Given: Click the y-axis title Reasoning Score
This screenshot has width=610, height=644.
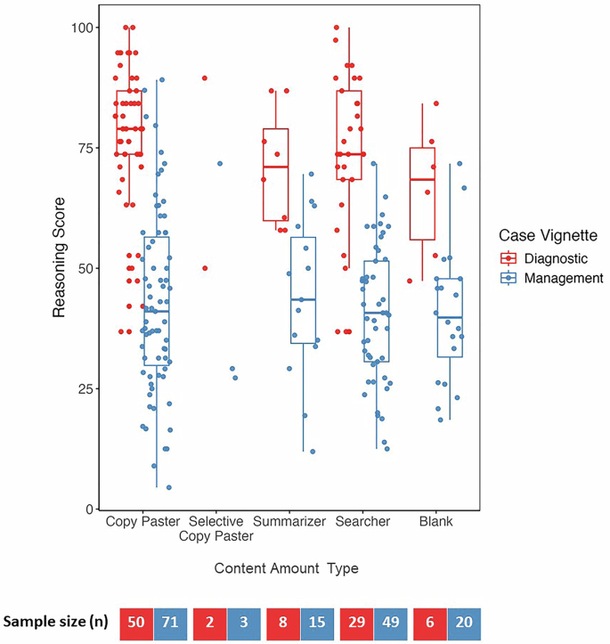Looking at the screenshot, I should click(x=59, y=268).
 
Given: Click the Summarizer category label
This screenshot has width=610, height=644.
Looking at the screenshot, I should click(x=289, y=521).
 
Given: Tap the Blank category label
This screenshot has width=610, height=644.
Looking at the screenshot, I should click(x=435, y=521).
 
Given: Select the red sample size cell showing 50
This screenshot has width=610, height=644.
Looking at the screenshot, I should click(x=137, y=624).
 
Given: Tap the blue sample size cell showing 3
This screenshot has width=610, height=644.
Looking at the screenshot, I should click(x=242, y=624).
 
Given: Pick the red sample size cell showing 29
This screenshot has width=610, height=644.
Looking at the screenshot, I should click(x=356, y=624).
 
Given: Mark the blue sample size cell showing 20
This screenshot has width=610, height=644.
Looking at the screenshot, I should click(x=462, y=624).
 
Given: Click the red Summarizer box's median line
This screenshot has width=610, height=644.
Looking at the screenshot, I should click(x=276, y=167).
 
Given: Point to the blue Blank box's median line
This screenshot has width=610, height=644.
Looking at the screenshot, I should click(x=450, y=317).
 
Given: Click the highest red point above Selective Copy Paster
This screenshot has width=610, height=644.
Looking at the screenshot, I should click(x=205, y=77).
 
